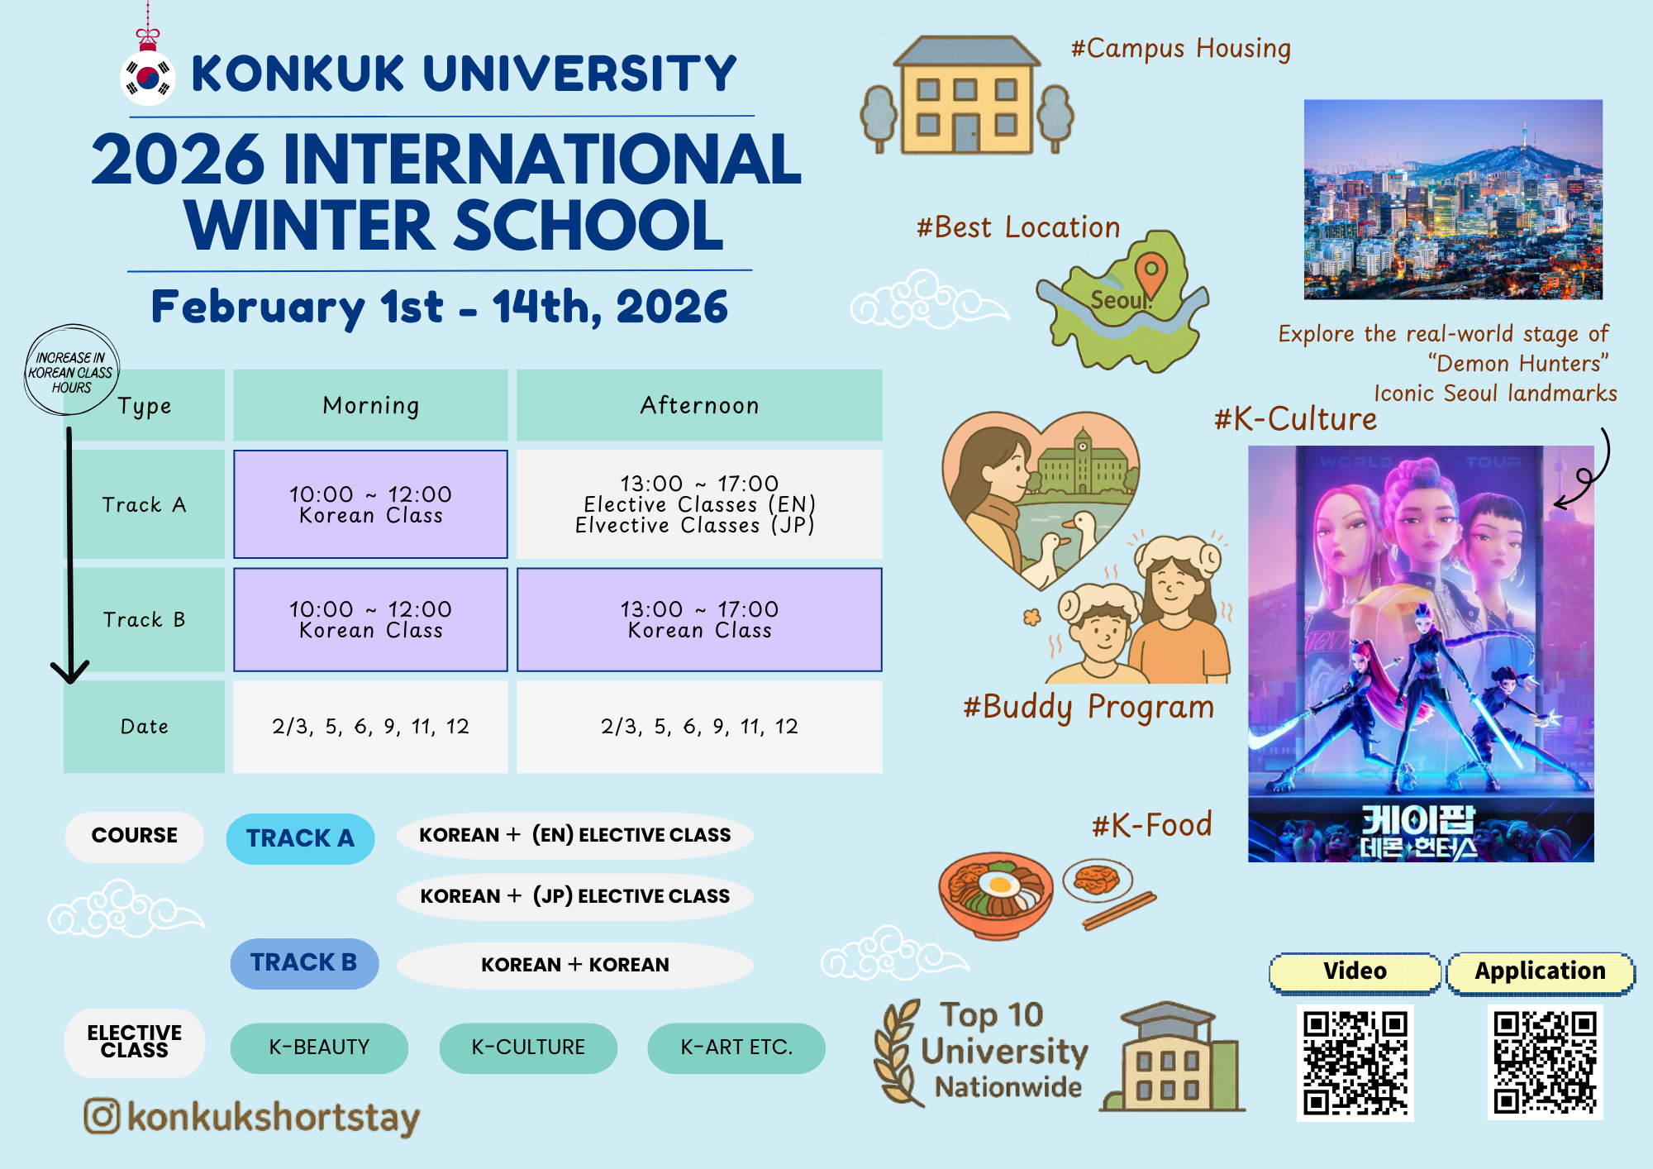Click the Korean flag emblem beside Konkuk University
[x=147, y=78]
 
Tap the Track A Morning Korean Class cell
[x=370, y=504]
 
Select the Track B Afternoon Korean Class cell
[x=699, y=619]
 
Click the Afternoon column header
[x=699, y=405]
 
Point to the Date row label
[x=145, y=727]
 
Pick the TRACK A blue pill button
[x=300, y=838]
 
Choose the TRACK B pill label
[x=304, y=963]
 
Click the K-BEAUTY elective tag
[x=319, y=1047]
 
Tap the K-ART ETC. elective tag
[x=736, y=1047]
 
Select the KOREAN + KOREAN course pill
[x=575, y=965]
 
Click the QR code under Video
[x=1355, y=1063]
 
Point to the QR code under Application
[x=1545, y=1063]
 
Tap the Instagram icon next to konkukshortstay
[x=102, y=1116]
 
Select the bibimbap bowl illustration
[x=996, y=895]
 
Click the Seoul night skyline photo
[x=1453, y=199]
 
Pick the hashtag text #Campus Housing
[x=1181, y=49]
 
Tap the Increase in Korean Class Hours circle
[x=72, y=370]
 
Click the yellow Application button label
[x=1541, y=971]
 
